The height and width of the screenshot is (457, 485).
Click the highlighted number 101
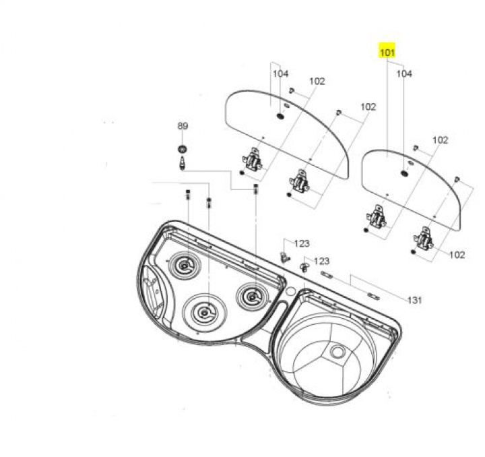pyautogui.click(x=387, y=52)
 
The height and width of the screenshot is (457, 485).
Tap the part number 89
pyautogui.click(x=183, y=126)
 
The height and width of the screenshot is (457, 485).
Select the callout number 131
pyautogui.click(x=414, y=300)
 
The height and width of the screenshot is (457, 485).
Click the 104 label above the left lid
pyautogui.click(x=280, y=73)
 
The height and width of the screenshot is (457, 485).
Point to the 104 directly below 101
pyautogui.click(x=403, y=74)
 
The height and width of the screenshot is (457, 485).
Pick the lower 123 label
pyautogui.click(x=321, y=261)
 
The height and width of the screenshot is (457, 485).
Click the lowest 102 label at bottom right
pyautogui.click(x=457, y=255)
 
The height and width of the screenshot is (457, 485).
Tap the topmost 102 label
pyautogui.click(x=317, y=81)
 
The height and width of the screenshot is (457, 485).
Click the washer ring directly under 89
pyautogui.click(x=182, y=148)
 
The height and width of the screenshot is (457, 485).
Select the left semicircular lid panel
pyautogui.click(x=283, y=128)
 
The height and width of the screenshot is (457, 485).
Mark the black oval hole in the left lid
pyautogui.click(x=279, y=117)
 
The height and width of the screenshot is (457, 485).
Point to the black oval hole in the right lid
pyautogui.click(x=403, y=174)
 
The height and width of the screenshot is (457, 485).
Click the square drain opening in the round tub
pyautogui.click(x=336, y=352)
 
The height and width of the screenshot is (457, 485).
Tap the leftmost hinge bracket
pyautogui.click(x=252, y=160)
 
